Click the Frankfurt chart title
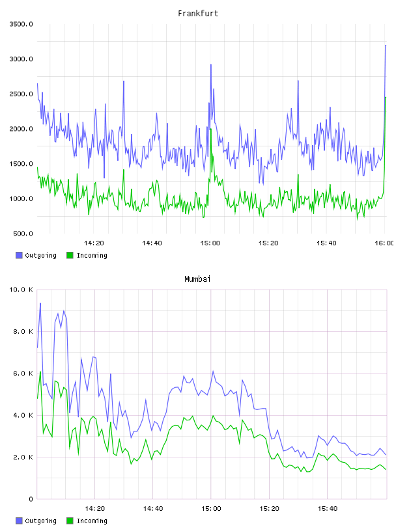pyautogui.click(x=198, y=14)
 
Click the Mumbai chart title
pyautogui.click(x=197, y=279)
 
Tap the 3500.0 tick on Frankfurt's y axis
pyautogui.click(x=21, y=24)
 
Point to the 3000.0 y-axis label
pyautogui.click(x=21, y=59)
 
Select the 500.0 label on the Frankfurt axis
pyautogui.click(x=23, y=234)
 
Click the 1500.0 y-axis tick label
pyautogui.click(x=21, y=164)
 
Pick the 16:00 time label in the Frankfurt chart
pyautogui.click(x=384, y=243)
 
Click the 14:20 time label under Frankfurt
pyautogui.click(x=94, y=243)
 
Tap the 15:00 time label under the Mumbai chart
pyautogui.click(x=211, y=508)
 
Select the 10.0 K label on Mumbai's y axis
pyautogui.click(x=21, y=290)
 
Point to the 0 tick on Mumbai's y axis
pyautogui.click(x=31, y=499)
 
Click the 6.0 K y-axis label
pyautogui.click(x=23, y=373)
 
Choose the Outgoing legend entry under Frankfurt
pyautogui.click(x=36, y=255)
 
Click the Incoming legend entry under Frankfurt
pyautogui.click(x=87, y=255)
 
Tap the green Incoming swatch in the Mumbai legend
pyautogui.click(x=70, y=521)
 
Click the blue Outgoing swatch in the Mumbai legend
pyautogui.click(x=19, y=521)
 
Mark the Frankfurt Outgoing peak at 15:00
pyautogui.click(x=211, y=64)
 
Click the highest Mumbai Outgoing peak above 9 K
pyautogui.click(x=40, y=303)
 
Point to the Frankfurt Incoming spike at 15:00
pyautogui.click(x=210, y=129)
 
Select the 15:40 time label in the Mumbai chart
pyautogui.click(x=328, y=508)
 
